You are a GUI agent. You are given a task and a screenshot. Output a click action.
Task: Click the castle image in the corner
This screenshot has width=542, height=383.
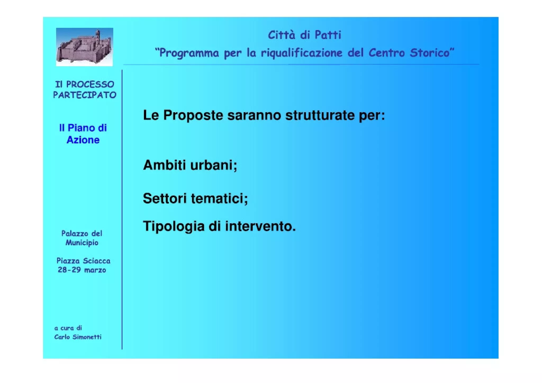click(x=84, y=47)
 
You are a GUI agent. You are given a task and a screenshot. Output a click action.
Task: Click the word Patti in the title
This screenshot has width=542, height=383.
click(x=328, y=35)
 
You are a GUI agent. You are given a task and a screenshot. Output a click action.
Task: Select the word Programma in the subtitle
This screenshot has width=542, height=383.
click(x=189, y=53)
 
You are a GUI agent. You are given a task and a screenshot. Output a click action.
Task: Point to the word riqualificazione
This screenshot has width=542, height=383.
click(x=301, y=53)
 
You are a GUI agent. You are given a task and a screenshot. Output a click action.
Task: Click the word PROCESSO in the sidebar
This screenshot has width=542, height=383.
click(x=90, y=84)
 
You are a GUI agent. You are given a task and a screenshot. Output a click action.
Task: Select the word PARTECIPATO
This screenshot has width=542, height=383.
click(x=84, y=95)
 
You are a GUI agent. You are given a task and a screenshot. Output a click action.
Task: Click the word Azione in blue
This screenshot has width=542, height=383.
click(x=83, y=140)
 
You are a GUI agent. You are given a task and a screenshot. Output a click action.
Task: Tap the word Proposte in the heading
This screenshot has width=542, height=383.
click(x=193, y=115)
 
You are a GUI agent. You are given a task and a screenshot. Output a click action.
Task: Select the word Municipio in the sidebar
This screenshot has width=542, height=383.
click(x=82, y=243)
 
